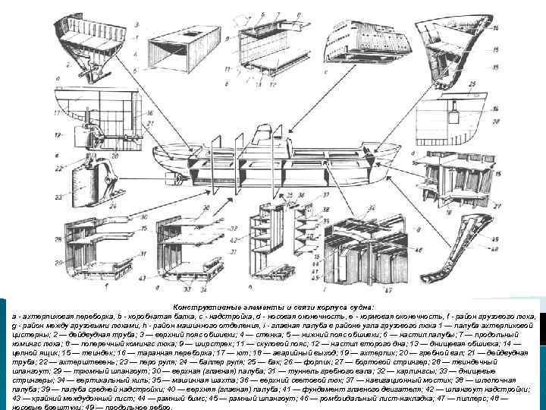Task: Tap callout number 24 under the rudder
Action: (114, 203)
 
